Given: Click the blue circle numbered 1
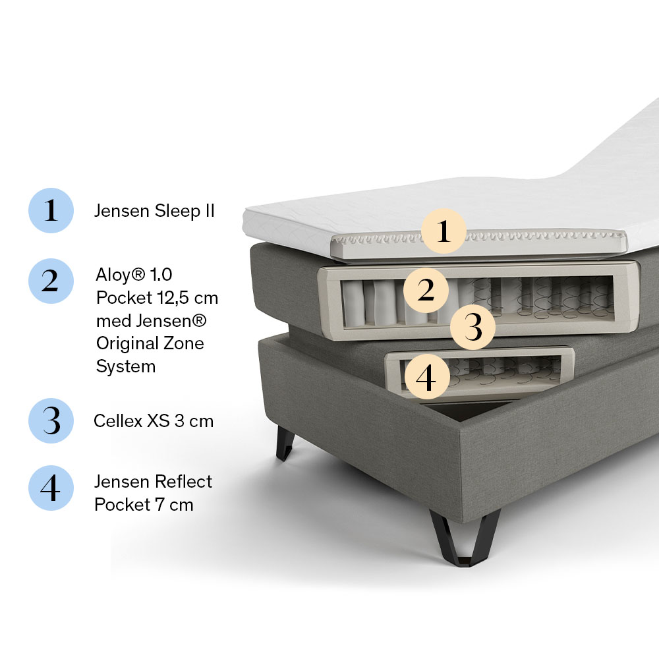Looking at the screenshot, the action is point(51,210).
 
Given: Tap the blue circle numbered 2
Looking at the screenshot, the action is point(51,281).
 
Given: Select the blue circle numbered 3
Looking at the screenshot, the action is point(51,420).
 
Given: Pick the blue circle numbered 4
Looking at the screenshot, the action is point(51,488).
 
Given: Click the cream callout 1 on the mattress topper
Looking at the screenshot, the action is point(444,231).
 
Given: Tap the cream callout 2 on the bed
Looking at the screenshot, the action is point(426,291).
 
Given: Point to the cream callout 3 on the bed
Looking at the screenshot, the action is point(473,327).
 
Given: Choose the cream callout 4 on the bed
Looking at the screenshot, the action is point(426,376).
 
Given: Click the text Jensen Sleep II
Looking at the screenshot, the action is point(154,211).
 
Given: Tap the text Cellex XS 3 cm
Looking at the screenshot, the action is point(154,420).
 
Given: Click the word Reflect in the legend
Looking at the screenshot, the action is point(183,482).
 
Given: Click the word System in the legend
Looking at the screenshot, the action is point(126,367).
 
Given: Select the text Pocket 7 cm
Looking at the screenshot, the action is point(144,505).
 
